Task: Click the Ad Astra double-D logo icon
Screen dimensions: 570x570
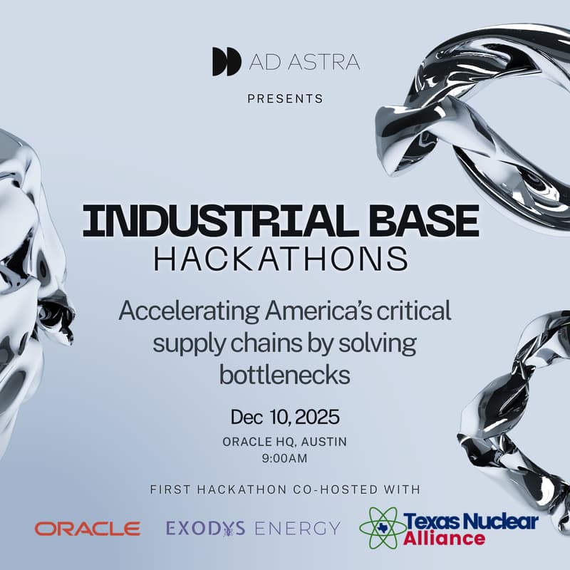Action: point(227,62)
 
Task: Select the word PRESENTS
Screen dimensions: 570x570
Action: point(285,98)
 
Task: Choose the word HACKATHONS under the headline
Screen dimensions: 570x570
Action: point(281,259)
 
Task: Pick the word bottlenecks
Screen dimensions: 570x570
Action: point(284,375)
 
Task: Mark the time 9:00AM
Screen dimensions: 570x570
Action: point(285,458)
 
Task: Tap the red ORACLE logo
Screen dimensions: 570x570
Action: point(88,529)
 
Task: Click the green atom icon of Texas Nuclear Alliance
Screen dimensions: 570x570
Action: point(383,528)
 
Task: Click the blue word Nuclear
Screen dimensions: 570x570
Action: point(499,522)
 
